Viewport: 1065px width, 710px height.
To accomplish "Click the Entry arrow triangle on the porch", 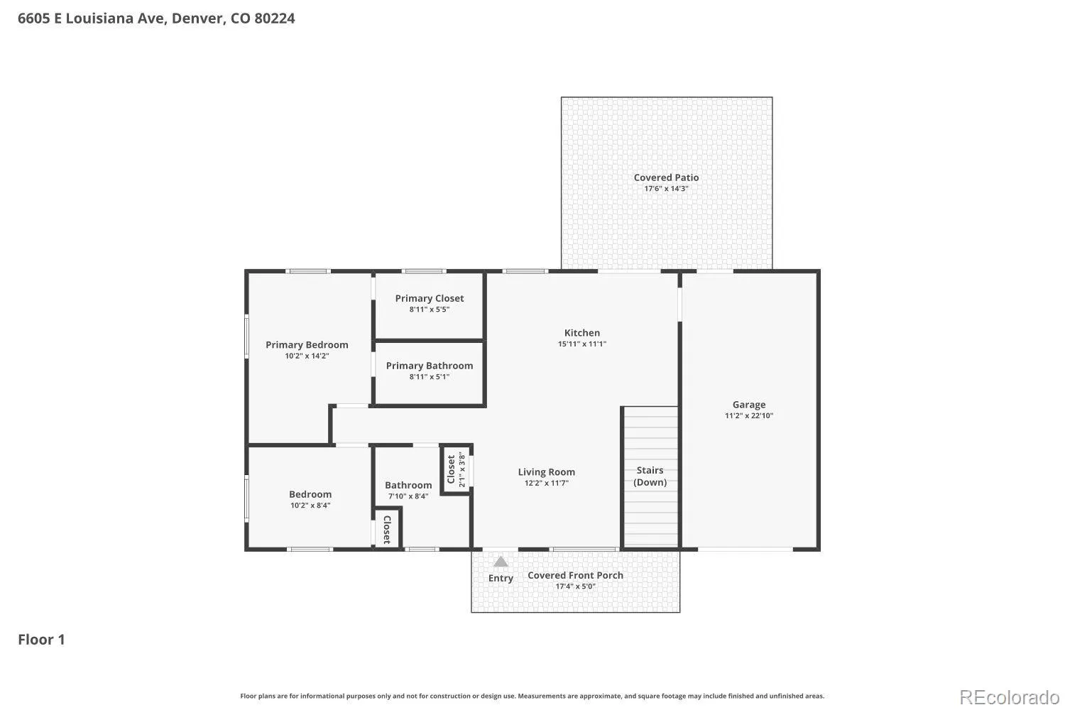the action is (500, 562).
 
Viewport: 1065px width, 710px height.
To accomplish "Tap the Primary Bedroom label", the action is (307, 345).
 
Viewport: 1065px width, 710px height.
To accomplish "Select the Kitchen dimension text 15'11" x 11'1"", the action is (582, 344).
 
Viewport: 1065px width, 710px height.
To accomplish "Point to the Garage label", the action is (749, 405).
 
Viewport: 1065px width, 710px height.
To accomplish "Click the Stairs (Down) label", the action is (650, 476).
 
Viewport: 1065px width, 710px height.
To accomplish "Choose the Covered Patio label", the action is (666, 177).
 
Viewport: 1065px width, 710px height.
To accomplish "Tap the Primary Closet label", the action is (430, 298).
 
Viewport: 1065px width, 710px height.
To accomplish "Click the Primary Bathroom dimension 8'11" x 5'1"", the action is (430, 376).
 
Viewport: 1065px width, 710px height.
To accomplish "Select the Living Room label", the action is (546, 471).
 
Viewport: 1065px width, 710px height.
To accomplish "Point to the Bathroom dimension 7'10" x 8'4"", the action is (408, 496).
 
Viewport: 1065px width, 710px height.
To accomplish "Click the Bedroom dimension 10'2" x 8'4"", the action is (310, 506).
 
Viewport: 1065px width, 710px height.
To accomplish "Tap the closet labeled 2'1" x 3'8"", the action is (456, 469).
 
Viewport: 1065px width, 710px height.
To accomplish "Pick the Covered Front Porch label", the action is (575, 575).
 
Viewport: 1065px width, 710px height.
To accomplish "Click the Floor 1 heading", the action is (41, 640).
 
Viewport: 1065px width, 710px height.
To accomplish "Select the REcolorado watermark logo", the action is (1010, 698).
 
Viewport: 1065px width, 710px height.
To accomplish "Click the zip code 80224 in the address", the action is (274, 18).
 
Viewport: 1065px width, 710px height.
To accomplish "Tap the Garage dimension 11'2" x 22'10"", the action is (749, 415).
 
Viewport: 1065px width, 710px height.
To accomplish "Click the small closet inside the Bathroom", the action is (387, 528).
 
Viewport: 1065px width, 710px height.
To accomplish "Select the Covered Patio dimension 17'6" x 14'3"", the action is (666, 188).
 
